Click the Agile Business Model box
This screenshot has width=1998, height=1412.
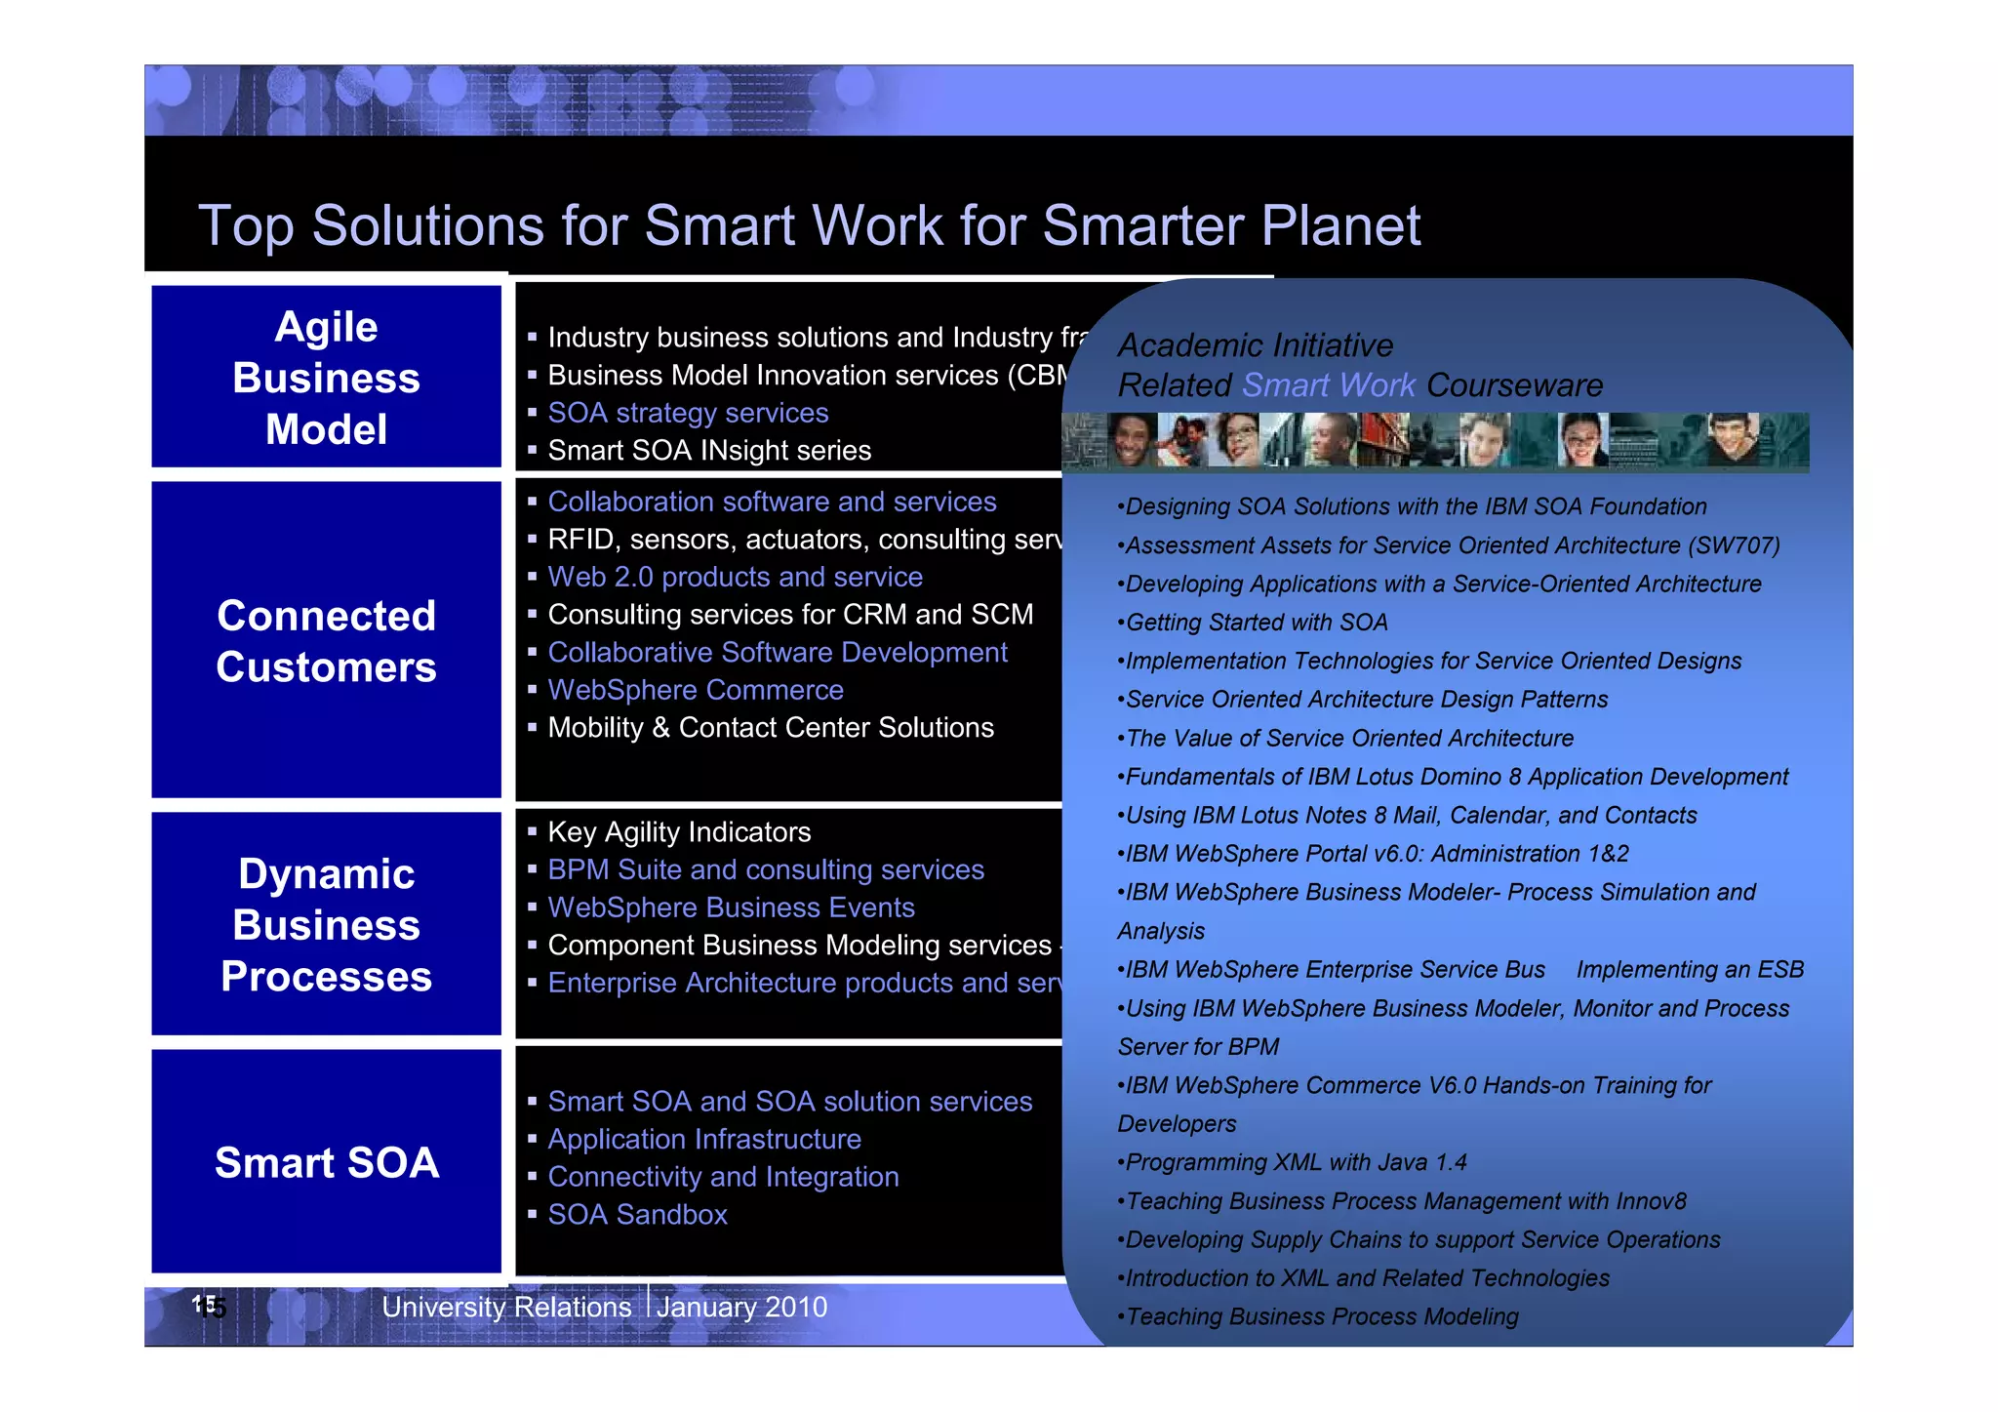click(326, 378)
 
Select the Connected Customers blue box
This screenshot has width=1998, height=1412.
click(326, 641)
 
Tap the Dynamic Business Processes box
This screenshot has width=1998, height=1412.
click(326, 924)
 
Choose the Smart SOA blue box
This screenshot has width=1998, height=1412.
click(326, 1162)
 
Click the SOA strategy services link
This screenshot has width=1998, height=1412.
click(688, 413)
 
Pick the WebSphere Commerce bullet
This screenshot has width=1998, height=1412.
click(696, 690)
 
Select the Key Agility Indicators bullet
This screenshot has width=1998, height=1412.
click(679, 832)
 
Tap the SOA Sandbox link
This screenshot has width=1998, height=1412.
click(637, 1215)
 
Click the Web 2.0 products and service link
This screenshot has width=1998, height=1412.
click(735, 577)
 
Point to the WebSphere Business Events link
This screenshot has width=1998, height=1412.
click(731, 908)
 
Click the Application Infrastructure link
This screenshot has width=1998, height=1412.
click(704, 1140)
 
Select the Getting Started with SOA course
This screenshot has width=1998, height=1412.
click(1256, 623)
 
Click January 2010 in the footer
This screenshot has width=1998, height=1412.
click(741, 1307)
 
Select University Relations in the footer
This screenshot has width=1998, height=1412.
click(506, 1307)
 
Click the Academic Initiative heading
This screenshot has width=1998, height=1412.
click(1256, 345)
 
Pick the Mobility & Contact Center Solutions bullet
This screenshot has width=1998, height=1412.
click(771, 728)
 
